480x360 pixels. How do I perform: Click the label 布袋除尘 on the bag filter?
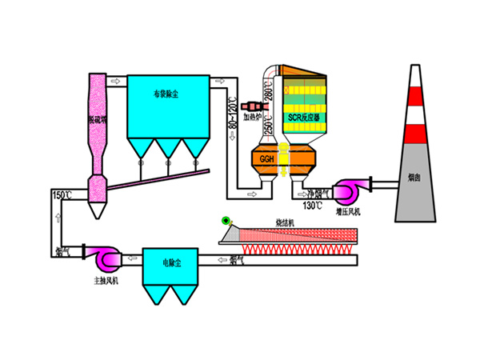(167, 94)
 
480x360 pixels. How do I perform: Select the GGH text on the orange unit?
(266, 160)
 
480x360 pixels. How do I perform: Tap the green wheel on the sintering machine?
(227, 220)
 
